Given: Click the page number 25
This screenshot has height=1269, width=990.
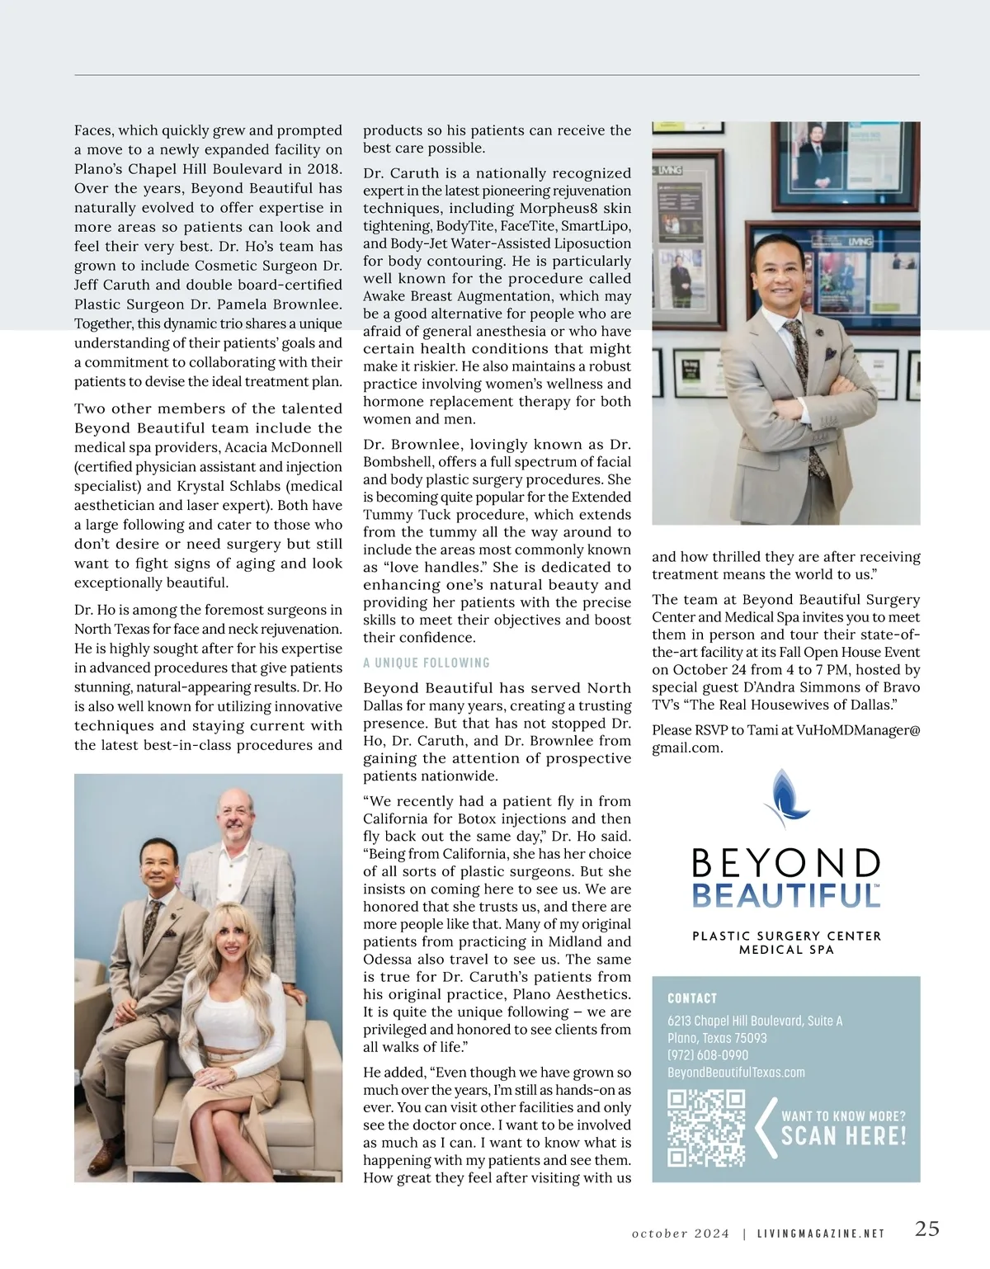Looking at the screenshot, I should coord(927,1228).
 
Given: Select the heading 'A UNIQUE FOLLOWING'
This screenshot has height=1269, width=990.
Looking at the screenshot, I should coord(427,663).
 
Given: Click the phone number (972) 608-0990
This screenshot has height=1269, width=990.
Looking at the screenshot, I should coord(708,1055).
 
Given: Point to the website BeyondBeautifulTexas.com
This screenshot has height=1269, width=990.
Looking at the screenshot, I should coord(736,1073).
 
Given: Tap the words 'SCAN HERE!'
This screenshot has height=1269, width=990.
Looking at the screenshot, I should coord(843,1136).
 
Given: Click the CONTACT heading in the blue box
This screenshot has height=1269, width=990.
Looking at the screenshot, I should coord(692,998).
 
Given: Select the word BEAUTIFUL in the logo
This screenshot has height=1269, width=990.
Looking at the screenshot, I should coord(785,895).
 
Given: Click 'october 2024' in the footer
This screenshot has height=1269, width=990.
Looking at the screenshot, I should coord(681,1234).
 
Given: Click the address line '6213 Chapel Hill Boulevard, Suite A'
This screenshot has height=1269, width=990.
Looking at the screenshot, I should coord(755,1021).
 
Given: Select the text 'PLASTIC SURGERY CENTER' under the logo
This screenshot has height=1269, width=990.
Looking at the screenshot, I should coord(786,936).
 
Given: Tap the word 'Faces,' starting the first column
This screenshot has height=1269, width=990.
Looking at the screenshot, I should coord(95,130).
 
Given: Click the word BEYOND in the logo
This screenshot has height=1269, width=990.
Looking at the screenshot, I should coord(785,862).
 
